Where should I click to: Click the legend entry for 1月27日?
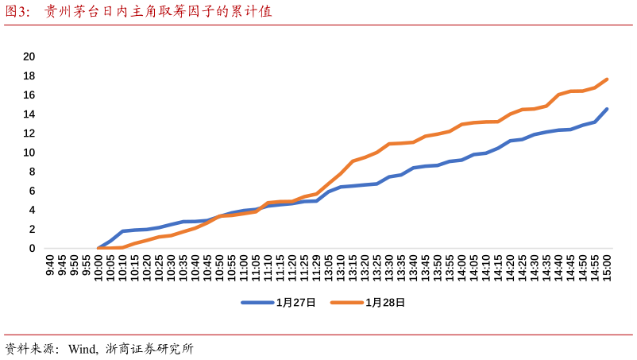(x=280, y=303)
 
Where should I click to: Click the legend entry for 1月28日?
(x=369, y=303)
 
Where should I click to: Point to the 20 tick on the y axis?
(x=29, y=56)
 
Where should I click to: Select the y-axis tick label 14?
(x=29, y=114)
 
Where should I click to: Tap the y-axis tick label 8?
(x=32, y=172)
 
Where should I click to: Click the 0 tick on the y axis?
(x=32, y=248)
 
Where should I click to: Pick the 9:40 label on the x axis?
(x=50, y=265)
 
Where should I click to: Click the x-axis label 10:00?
(x=98, y=267)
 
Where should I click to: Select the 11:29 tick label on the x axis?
(x=316, y=267)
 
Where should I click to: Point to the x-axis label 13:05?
(x=329, y=267)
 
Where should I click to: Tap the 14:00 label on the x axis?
(x=461, y=267)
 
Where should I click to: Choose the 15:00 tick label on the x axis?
(x=607, y=267)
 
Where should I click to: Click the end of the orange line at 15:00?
(x=607, y=79)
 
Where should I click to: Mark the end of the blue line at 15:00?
(x=607, y=110)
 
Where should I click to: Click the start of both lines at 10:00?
(x=98, y=248)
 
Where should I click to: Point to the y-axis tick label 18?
(x=29, y=75)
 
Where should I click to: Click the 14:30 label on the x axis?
(x=534, y=267)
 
